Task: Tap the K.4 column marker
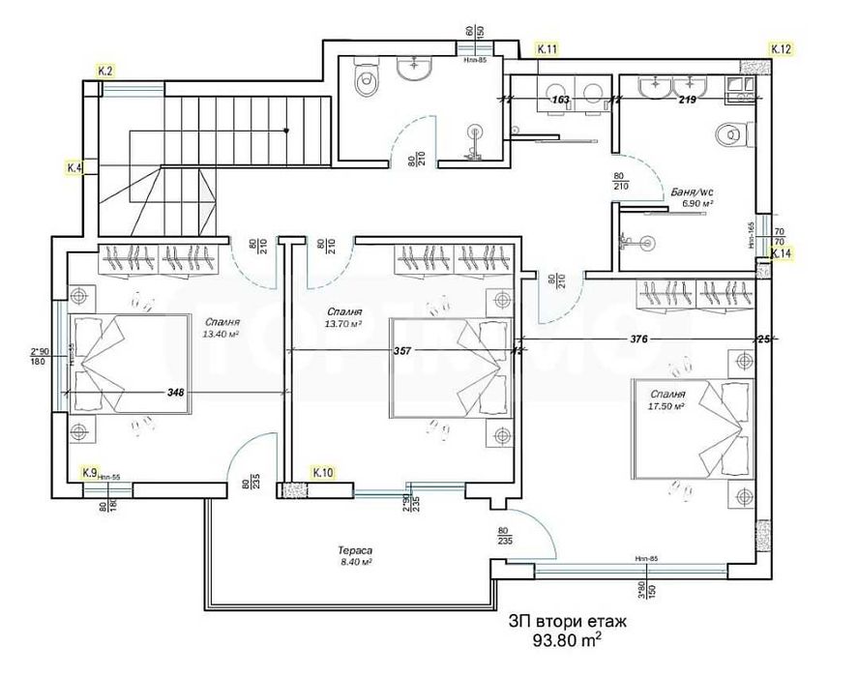(74, 167)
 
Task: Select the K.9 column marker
(89, 472)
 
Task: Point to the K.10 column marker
(323, 472)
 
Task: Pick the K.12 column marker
(782, 48)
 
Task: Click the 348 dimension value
(175, 393)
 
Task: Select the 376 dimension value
(638, 339)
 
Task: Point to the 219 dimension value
(688, 99)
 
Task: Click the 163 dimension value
(559, 99)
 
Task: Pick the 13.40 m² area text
(222, 334)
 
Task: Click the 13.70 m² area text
(343, 326)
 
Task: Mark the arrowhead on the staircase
(286, 130)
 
